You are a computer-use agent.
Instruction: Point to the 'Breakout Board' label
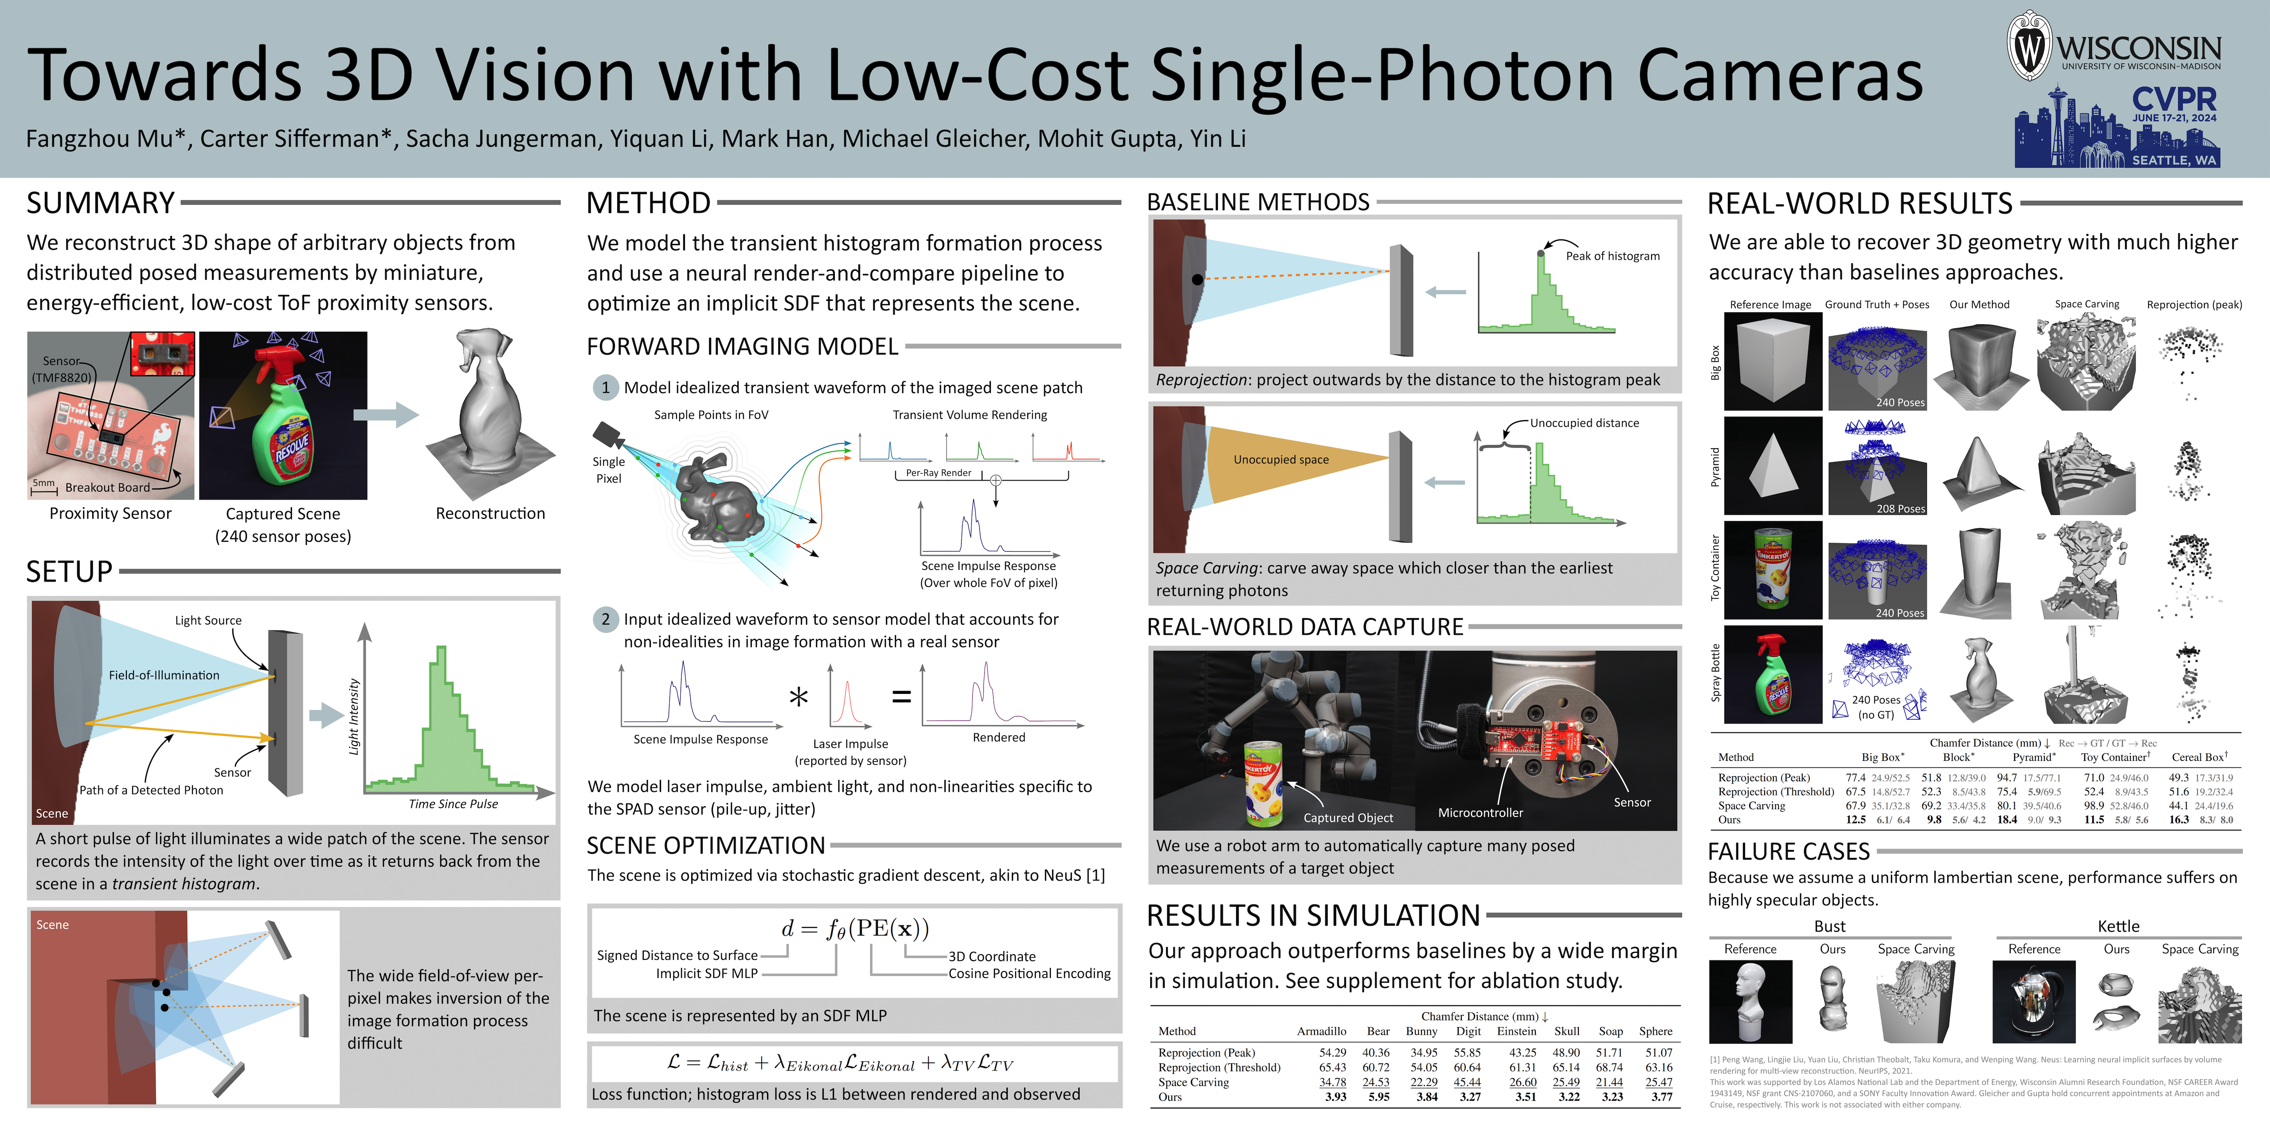(x=107, y=487)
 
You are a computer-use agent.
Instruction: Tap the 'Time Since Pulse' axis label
(x=453, y=804)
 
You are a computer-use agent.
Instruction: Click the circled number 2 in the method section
(x=605, y=619)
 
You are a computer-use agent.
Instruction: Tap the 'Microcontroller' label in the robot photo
(x=1480, y=813)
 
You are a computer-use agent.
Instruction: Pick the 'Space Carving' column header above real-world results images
(x=2087, y=304)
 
